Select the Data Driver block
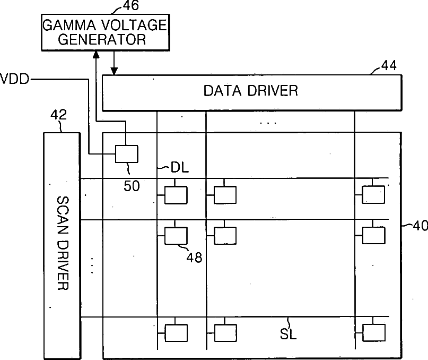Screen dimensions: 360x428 (250, 91)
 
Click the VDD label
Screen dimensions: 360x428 (15, 80)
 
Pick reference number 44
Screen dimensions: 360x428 (388, 66)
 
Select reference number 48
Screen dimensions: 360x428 (194, 258)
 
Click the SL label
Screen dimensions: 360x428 (288, 335)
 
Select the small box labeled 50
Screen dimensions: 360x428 (126, 154)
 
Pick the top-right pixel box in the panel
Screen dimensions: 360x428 (374, 195)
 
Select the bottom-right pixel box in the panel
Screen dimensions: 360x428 (374, 332)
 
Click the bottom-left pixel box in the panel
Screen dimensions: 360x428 (176, 332)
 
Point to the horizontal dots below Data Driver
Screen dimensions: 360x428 (268, 123)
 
